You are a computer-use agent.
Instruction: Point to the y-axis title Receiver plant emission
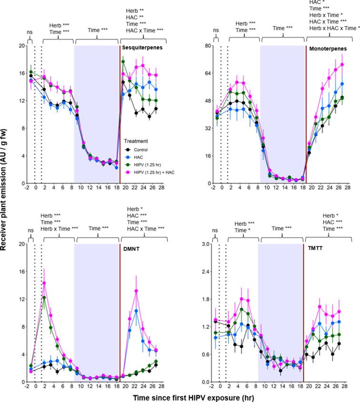coord(7,201)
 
